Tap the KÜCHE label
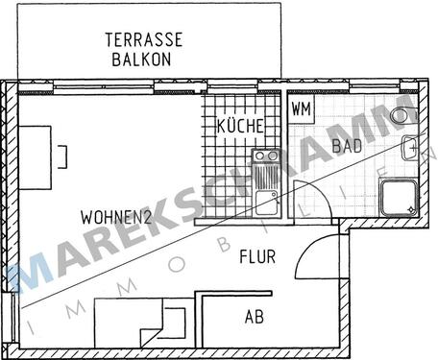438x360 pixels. point(240,126)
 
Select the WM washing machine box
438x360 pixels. point(300,108)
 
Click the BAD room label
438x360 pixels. point(346,146)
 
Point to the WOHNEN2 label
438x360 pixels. point(116,216)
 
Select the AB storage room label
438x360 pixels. point(254,316)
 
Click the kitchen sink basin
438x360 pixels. point(266,202)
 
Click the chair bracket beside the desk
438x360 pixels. point(61,156)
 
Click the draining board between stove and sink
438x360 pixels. point(265,177)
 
